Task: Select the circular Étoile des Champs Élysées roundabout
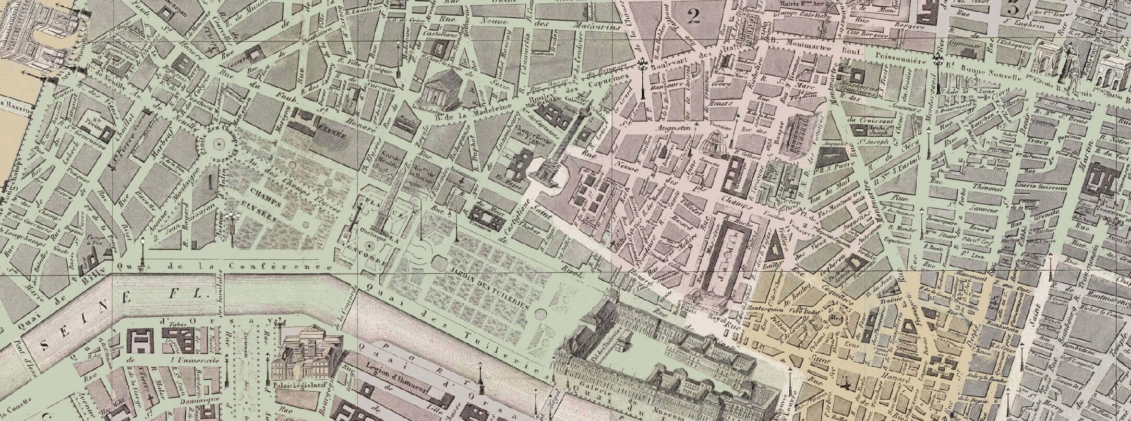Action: tap(220, 144)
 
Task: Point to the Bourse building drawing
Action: tap(799, 135)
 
